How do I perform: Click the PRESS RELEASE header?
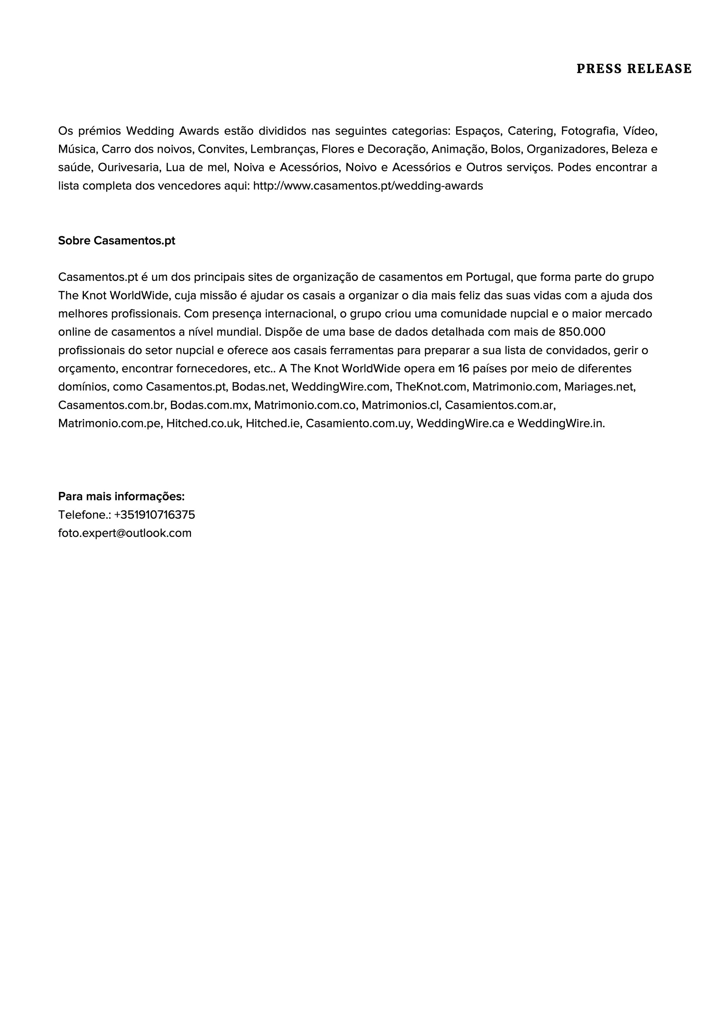coord(633,69)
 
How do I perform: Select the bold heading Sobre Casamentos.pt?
coord(117,241)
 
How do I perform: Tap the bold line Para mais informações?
coord(121,497)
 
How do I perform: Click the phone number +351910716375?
coord(155,515)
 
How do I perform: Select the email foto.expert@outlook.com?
coord(125,533)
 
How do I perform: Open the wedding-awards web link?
coord(368,186)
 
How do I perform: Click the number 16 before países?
coord(464,369)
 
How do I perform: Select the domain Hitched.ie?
coord(272,424)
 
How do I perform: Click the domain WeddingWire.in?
coord(561,424)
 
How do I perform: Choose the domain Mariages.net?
coord(599,387)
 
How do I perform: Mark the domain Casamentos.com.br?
coord(112,405)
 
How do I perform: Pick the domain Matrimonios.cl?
coord(400,405)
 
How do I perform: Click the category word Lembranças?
coord(282,149)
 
